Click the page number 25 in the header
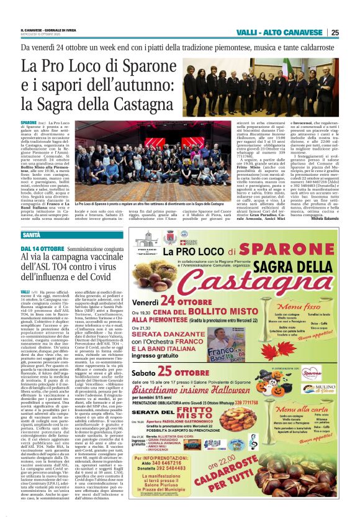[335, 32]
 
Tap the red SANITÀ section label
[31, 235]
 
